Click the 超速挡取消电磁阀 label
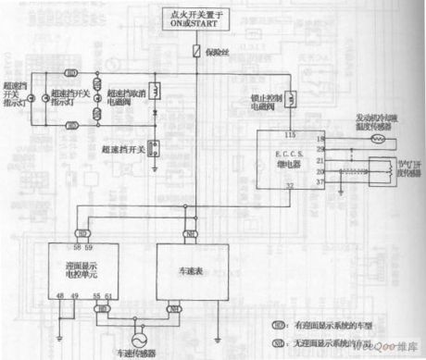point(125,98)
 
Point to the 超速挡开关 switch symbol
point(155,147)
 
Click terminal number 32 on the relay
point(290,187)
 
